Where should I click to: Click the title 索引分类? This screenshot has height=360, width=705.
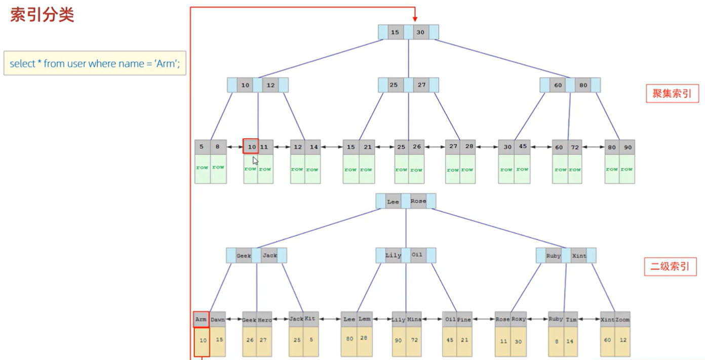point(43,15)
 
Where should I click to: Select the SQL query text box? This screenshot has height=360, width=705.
point(95,64)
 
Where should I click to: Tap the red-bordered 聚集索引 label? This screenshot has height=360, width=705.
point(672,94)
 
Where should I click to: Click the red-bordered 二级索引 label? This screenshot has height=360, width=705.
point(670,266)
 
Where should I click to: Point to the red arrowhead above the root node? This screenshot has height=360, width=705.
point(414,17)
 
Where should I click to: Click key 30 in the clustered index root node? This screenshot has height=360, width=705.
point(420,32)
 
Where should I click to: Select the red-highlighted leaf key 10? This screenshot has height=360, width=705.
point(251,147)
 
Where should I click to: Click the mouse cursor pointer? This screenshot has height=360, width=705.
point(255,161)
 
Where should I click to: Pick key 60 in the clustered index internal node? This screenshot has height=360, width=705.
point(558,85)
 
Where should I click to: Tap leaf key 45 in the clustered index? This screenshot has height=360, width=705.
point(522,147)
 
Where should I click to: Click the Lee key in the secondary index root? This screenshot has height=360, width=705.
point(393,202)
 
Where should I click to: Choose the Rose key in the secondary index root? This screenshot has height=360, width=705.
point(418,202)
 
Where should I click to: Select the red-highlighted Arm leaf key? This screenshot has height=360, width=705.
point(201,319)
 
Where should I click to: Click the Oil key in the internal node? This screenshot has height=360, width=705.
point(417,255)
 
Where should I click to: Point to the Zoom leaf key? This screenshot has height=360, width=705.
point(622,319)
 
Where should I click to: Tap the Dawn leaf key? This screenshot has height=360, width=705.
point(218,319)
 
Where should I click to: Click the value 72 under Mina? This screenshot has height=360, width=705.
point(414,340)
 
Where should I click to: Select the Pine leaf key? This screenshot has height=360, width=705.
point(464,319)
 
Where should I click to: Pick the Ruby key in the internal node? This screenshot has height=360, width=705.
point(554,256)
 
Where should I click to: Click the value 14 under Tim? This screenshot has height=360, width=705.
point(570,341)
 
